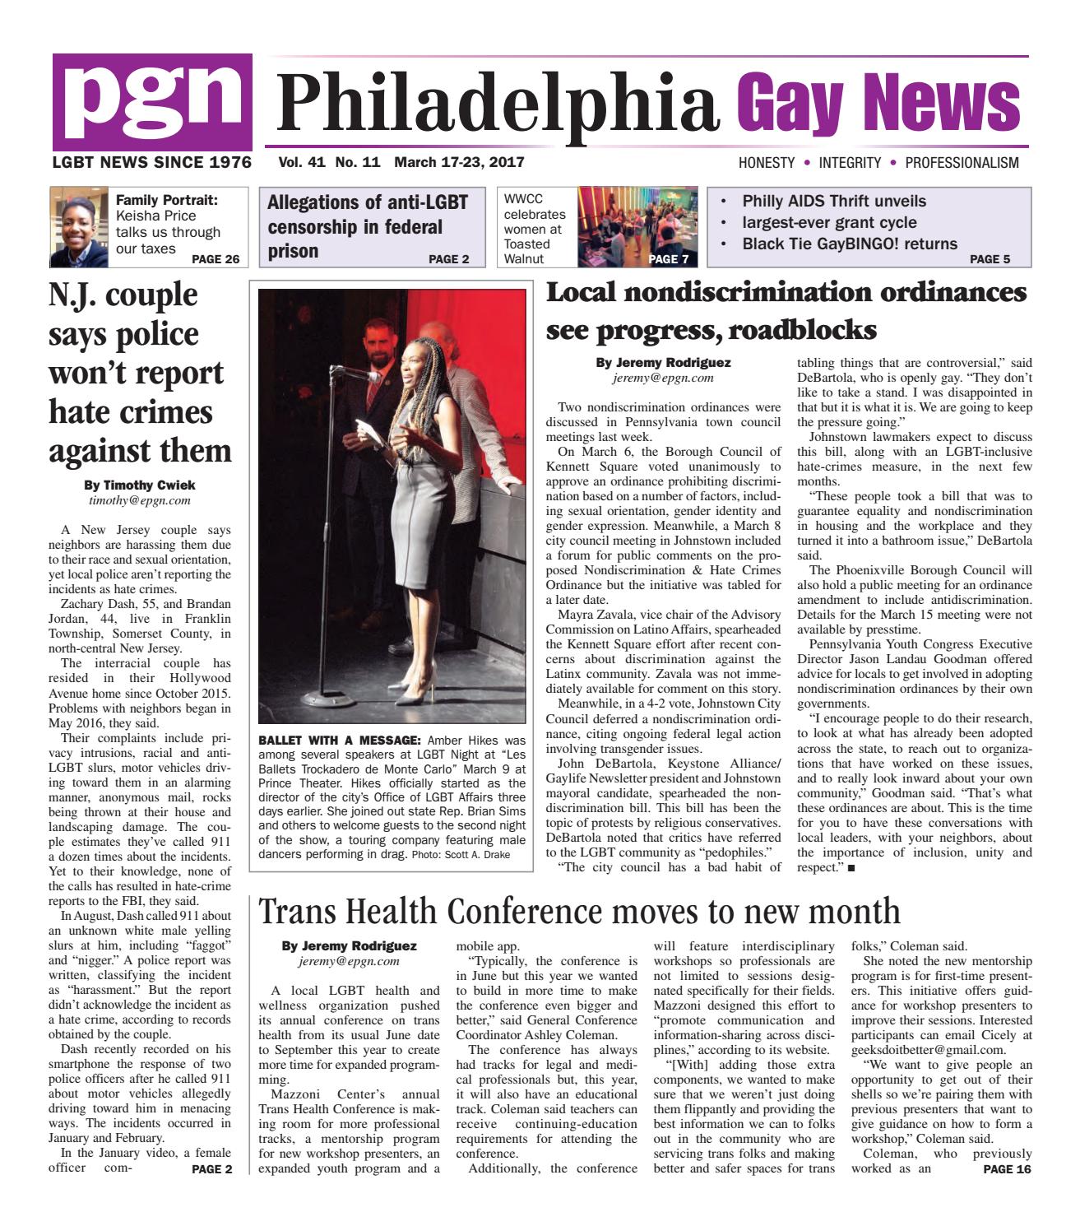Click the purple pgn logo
click(152, 101)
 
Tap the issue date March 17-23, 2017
click(459, 163)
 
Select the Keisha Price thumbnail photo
click(80, 228)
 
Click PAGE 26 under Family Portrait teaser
click(215, 260)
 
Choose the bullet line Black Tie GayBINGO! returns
click(849, 244)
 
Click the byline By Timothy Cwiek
click(140, 485)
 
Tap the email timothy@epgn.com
click(140, 499)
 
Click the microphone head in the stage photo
click(341, 371)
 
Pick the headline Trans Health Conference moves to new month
click(579, 911)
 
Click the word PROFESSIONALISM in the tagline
click(962, 163)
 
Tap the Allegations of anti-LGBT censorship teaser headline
click(368, 226)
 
